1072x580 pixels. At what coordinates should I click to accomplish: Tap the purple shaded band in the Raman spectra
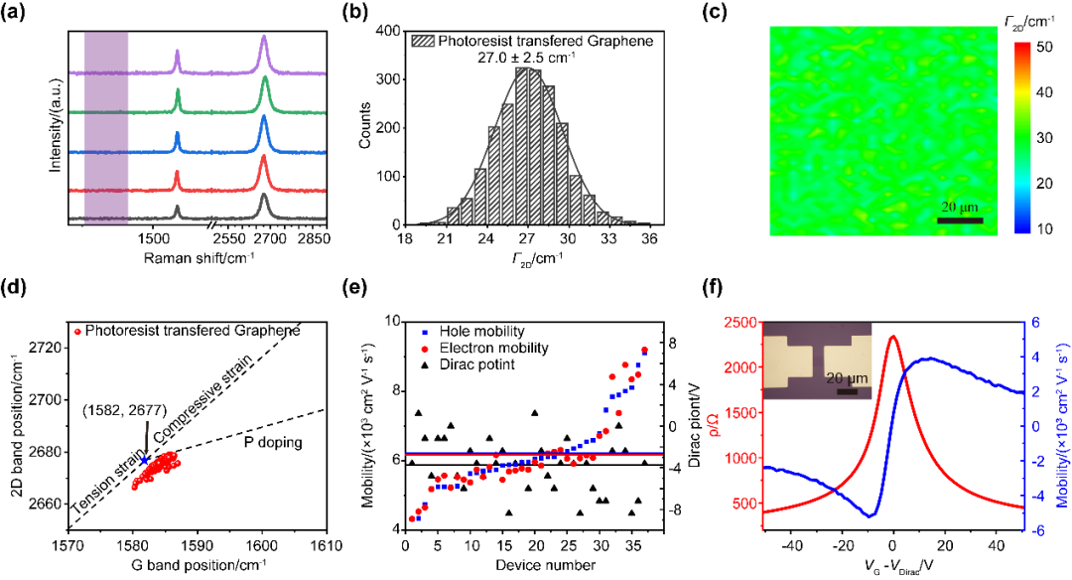(x=106, y=124)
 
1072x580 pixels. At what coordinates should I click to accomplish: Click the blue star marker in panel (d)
(x=145, y=459)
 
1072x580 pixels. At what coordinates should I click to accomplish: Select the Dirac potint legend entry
(x=453, y=365)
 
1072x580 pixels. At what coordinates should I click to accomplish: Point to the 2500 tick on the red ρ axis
(x=744, y=322)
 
